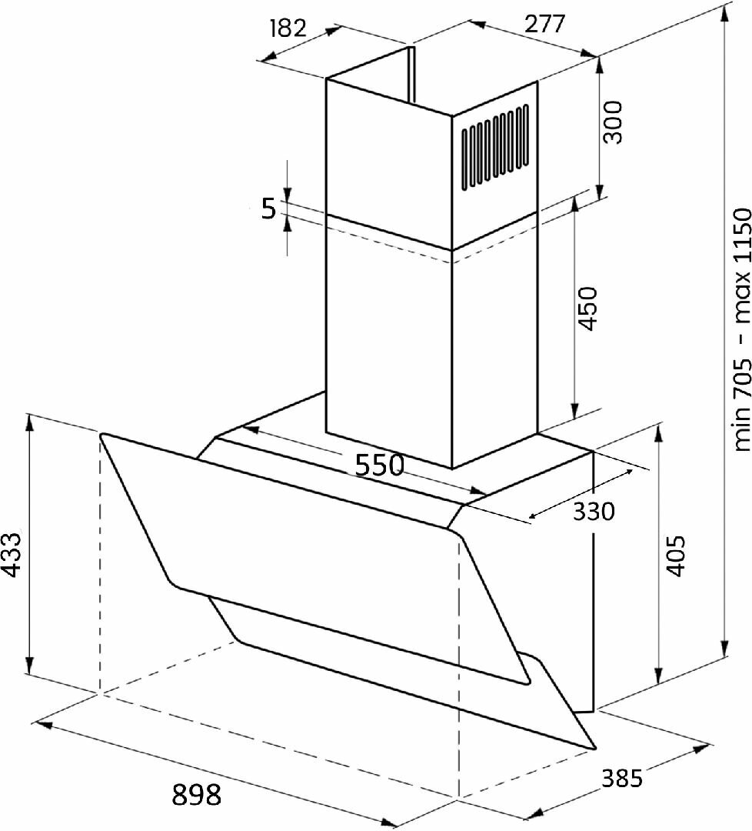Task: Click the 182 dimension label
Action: coord(288,28)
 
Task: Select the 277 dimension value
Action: coord(545,24)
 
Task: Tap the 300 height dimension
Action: coord(613,122)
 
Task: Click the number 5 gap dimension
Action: coord(269,209)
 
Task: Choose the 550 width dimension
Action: coord(379,465)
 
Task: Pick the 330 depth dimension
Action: coord(594,512)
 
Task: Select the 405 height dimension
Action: coord(675,555)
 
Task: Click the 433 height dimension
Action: coord(11,554)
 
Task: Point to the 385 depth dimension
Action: coord(622,778)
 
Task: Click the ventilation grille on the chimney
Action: coord(494,146)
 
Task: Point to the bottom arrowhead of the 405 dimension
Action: coord(658,676)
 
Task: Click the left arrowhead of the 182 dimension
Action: coord(271,56)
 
